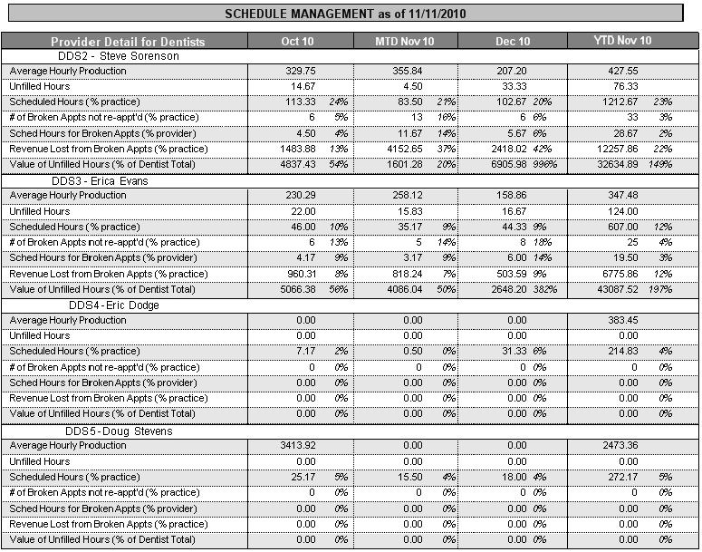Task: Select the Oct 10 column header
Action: pos(297,42)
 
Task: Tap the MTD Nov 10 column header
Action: pos(403,42)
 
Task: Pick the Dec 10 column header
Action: pos(513,42)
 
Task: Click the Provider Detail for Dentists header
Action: pos(128,42)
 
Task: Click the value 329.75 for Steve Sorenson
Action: pos(301,71)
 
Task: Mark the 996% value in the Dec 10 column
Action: pos(544,164)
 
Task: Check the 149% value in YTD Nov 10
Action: pos(665,164)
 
